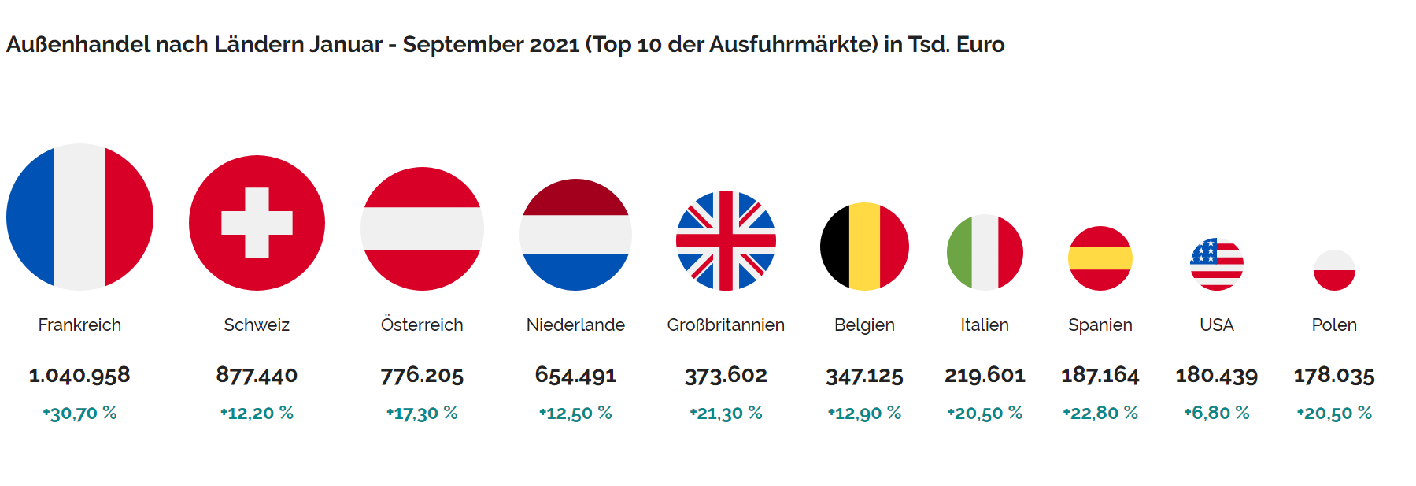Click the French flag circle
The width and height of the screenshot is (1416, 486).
point(79,217)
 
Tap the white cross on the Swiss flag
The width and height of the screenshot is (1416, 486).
point(257,223)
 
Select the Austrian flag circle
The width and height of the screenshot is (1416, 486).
point(422,228)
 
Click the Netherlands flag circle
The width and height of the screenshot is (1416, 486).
point(575,235)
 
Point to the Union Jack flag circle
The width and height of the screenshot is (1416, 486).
point(726,240)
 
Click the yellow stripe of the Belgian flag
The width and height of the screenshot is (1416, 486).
point(864,247)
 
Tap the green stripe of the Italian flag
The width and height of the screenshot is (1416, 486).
point(959,253)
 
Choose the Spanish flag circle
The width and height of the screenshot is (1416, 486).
point(1100,258)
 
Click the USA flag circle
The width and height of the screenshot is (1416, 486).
point(1217,264)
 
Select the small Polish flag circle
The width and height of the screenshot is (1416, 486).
point(1334,270)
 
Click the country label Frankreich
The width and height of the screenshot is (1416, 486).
point(79,325)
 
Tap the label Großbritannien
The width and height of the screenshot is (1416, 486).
point(726,325)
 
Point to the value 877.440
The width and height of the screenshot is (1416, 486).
point(257,375)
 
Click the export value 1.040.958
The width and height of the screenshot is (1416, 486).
point(79,375)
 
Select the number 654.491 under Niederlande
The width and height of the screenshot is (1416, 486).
point(575,375)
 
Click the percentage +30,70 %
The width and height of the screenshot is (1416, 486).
point(79,413)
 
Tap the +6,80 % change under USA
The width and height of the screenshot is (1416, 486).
point(1217,413)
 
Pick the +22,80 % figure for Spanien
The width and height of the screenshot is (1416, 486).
point(1100,413)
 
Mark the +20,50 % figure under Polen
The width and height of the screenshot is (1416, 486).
point(1334,413)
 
